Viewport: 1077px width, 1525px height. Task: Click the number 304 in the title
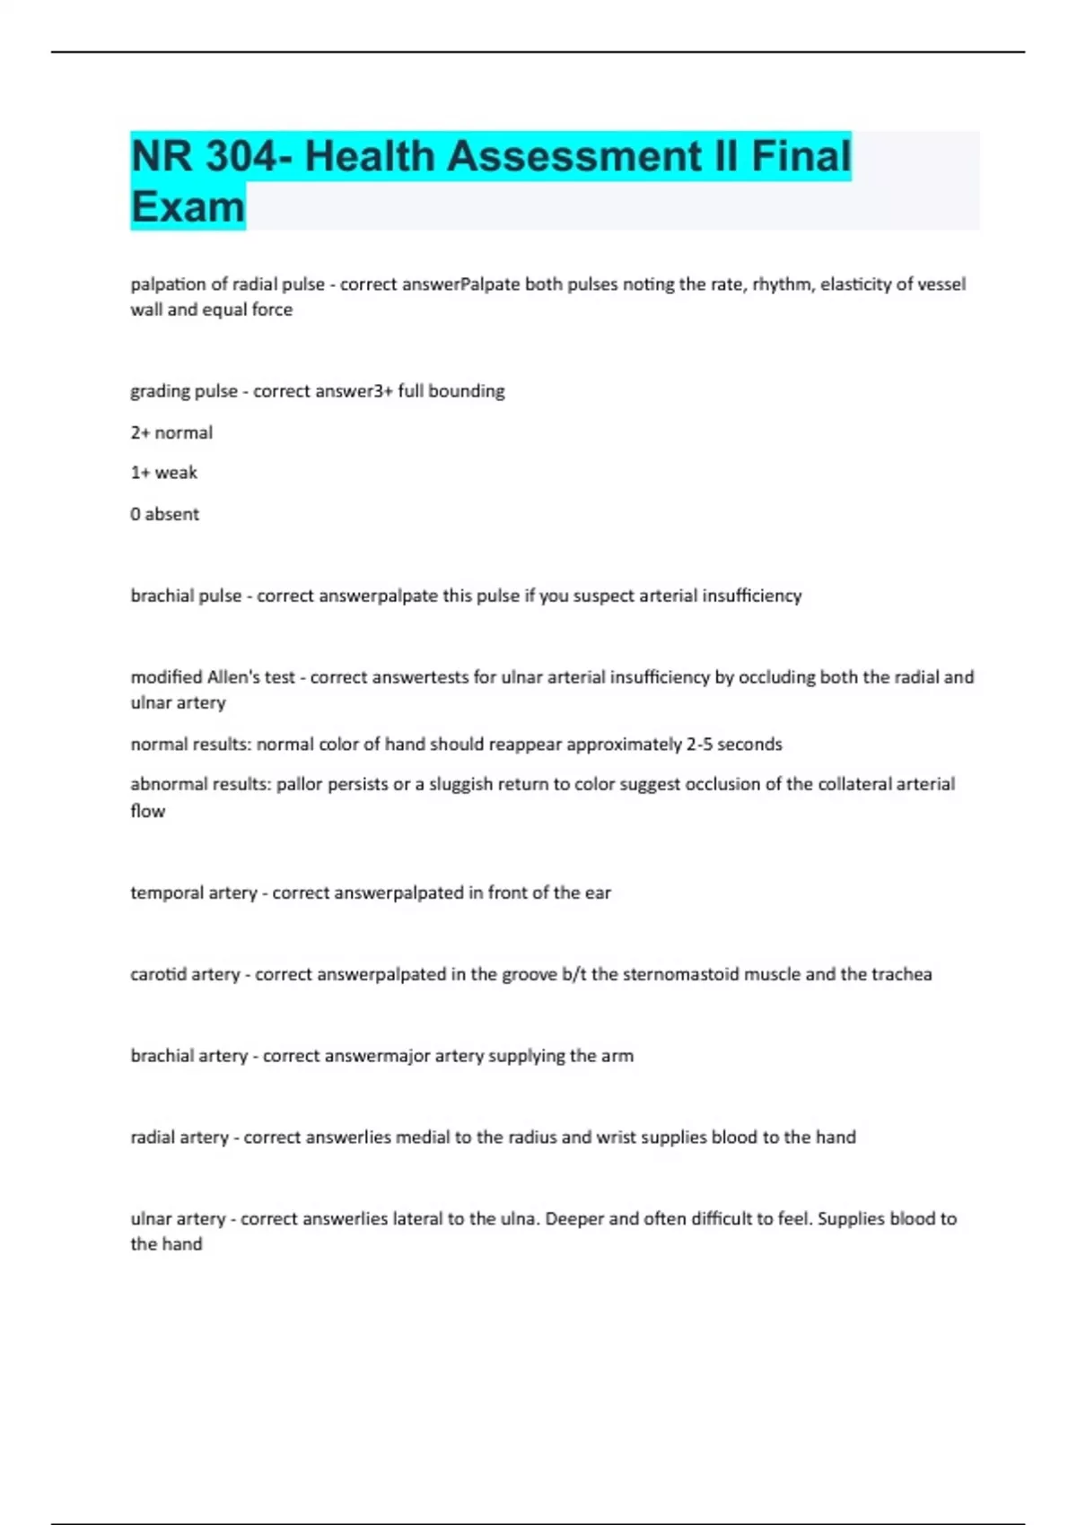click(x=241, y=156)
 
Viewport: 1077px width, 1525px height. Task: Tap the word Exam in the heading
click(x=188, y=207)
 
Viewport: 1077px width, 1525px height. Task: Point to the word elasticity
click(x=860, y=284)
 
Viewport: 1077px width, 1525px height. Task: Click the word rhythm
click(x=781, y=284)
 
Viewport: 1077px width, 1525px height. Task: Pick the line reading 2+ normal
click(x=171, y=432)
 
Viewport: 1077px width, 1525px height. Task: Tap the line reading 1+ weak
click(x=163, y=473)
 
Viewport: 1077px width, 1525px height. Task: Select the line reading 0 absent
click(x=164, y=514)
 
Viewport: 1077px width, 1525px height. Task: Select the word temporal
click(x=166, y=893)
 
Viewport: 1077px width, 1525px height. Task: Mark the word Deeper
click(x=575, y=1219)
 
